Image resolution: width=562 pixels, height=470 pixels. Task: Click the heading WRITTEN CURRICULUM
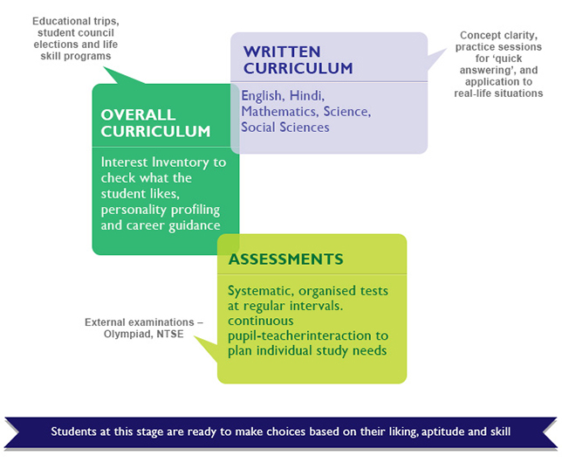click(x=298, y=59)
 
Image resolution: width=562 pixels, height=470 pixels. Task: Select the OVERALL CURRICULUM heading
click(x=155, y=123)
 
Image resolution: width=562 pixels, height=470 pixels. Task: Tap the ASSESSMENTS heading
click(x=285, y=259)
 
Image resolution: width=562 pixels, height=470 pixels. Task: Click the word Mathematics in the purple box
click(x=278, y=112)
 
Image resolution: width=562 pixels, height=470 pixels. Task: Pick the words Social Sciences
click(x=285, y=127)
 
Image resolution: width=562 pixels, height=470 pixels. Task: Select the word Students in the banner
click(x=75, y=432)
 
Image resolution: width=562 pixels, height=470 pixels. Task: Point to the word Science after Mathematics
click(x=347, y=112)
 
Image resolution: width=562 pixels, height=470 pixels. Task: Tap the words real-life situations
click(x=498, y=93)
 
